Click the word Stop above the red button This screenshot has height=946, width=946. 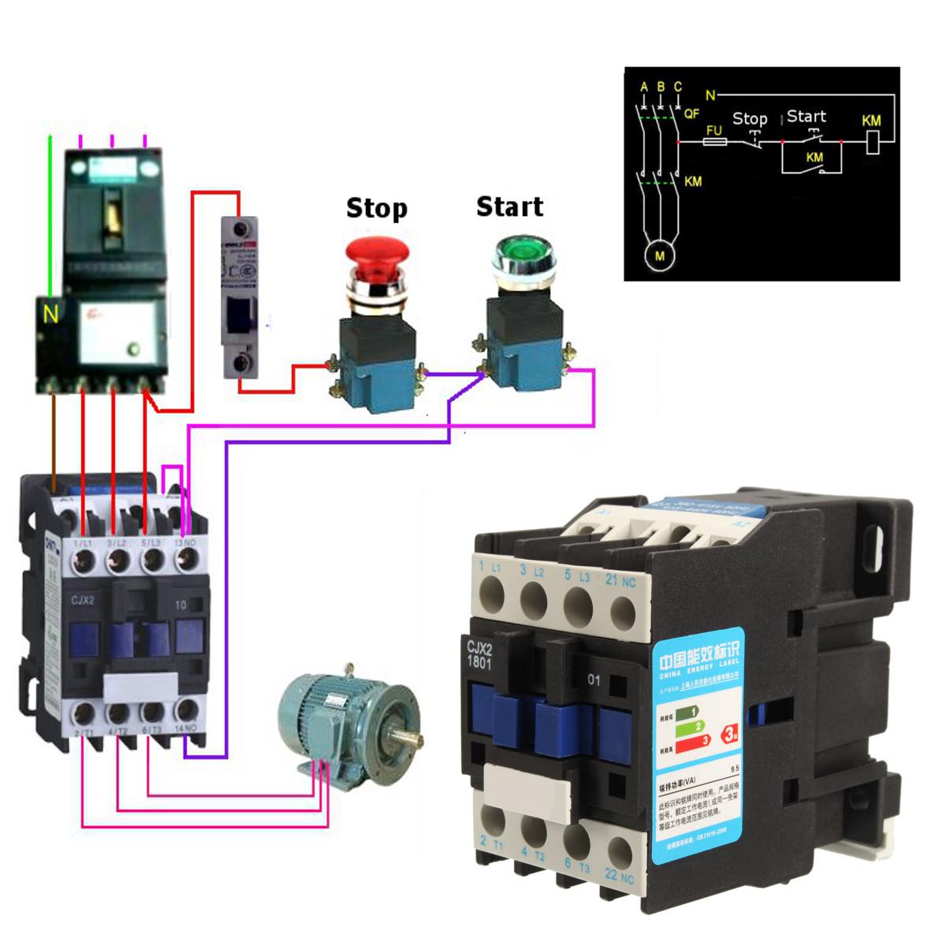coord(377,209)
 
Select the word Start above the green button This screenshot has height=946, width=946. coord(509,207)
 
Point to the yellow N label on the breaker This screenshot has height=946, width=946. coord(51,315)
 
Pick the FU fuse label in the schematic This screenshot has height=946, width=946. coord(714,129)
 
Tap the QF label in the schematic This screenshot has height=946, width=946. coord(691,114)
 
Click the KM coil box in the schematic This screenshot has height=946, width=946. coord(873,143)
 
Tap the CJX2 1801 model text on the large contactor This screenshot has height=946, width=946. coord(480,654)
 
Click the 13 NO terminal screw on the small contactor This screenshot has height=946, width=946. coord(187,561)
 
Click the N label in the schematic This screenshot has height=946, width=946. coord(710,95)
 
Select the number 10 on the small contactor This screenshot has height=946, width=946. coord(181,605)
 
